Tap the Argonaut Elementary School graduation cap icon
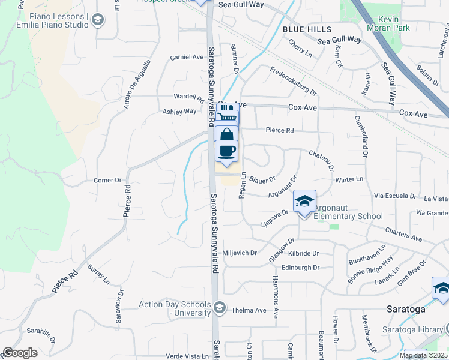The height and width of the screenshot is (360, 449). [x=304, y=202]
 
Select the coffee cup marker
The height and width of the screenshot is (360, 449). [x=226, y=150]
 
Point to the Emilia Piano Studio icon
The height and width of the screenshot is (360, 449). [x=97, y=20]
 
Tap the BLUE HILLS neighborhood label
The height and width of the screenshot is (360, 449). [x=307, y=29]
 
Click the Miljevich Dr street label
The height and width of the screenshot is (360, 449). [x=240, y=253]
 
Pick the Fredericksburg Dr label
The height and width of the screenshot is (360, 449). [x=293, y=81]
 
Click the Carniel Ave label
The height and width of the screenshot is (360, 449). [x=187, y=57]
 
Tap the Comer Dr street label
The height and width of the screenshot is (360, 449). [x=108, y=180]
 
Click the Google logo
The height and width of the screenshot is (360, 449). [x=20, y=353]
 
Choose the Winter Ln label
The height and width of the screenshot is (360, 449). [x=349, y=179]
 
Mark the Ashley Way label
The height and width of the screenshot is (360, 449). [x=179, y=112]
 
